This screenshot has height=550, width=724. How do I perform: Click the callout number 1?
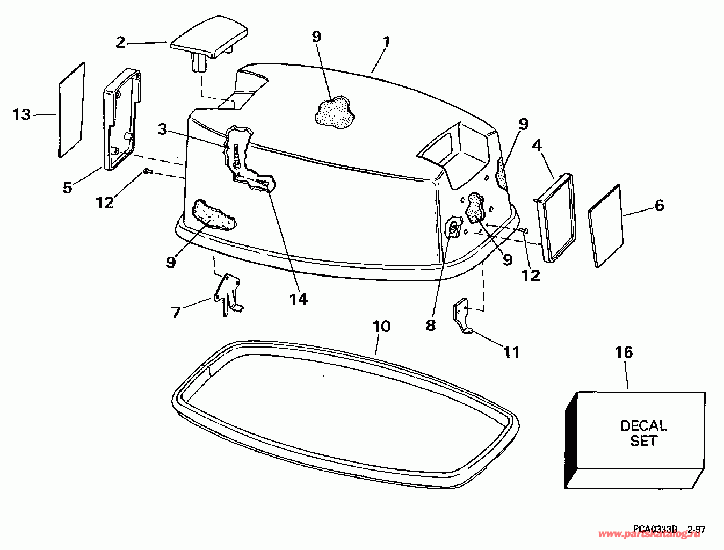[x=386, y=42]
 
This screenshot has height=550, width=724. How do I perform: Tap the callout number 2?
[x=121, y=42]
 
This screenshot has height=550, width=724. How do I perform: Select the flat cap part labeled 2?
[x=210, y=42]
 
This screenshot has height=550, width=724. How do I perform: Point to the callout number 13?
[x=22, y=114]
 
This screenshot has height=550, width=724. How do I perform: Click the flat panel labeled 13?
[x=71, y=110]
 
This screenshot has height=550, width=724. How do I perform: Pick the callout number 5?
[x=67, y=187]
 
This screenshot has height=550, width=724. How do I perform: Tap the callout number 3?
[x=162, y=129]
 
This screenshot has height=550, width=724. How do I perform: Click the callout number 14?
[x=299, y=299]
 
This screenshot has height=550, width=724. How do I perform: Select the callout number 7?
[x=176, y=312]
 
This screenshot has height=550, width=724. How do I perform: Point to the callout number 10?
[x=381, y=326]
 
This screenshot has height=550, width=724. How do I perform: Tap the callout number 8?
[x=430, y=325]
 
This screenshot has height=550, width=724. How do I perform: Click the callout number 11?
[x=511, y=352]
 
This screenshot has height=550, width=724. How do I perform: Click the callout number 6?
[x=659, y=205]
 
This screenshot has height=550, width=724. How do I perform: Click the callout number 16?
[x=624, y=352]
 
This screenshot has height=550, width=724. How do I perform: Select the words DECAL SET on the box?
[x=643, y=433]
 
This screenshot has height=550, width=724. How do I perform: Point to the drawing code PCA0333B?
[x=655, y=529]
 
